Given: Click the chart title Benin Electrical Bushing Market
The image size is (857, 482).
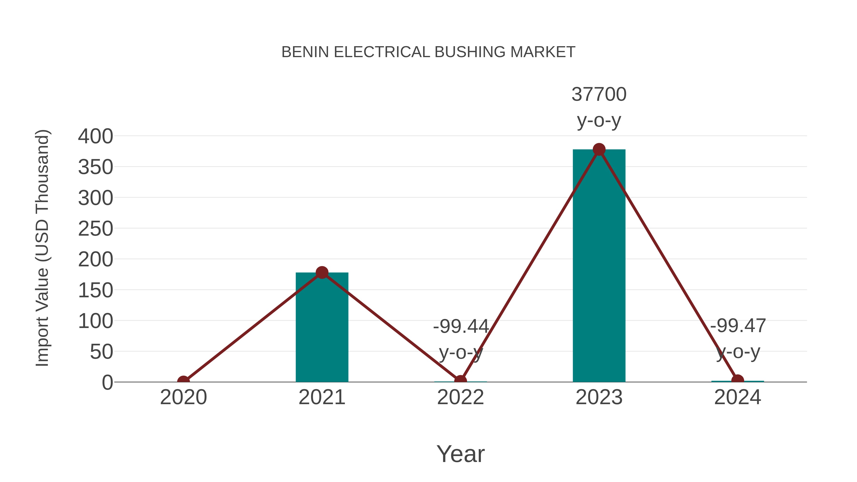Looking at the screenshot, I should tap(428, 52).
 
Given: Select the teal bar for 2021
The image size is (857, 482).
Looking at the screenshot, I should tap(322, 328).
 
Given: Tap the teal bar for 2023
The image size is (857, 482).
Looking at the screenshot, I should tap(599, 266).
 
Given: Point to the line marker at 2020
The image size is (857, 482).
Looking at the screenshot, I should tap(183, 381).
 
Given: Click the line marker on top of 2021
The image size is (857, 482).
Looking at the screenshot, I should tap(322, 273).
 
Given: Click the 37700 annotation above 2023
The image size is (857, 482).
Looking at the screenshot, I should tap(599, 94).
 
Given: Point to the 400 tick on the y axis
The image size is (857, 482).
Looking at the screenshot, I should tap(95, 136).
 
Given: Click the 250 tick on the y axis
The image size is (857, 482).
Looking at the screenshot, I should tap(95, 229).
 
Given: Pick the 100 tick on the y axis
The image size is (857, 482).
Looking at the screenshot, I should tap(95, 321).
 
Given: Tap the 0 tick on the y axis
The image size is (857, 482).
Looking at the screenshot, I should tap(107, 383).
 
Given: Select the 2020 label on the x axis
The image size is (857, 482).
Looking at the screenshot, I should tap(183, 397).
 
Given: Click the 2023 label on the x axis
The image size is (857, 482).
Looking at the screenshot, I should tap(599, 397).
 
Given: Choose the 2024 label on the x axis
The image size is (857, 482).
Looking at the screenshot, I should tap(737, 397).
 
